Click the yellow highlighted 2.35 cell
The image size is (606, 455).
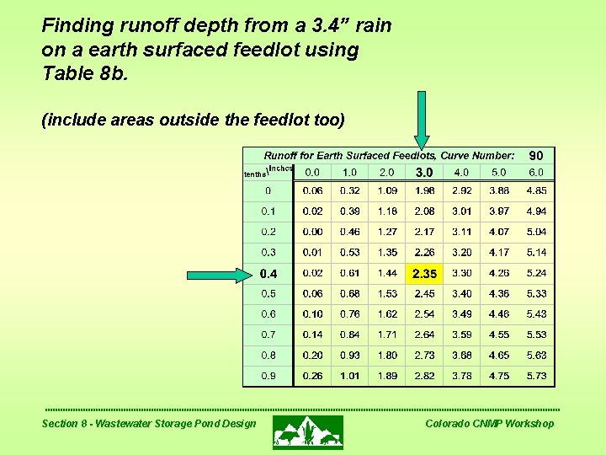(424, 273)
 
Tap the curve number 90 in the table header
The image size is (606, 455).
(536, 156)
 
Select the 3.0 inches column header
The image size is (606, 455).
(424, 173)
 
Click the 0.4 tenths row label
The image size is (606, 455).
(268, 274)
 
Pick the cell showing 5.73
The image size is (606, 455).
(536, 376)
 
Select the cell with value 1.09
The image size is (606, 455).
(388, 191)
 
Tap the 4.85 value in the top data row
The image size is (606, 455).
(536, 191)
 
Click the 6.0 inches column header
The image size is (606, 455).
(536, 173)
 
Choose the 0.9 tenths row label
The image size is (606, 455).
(268, 376)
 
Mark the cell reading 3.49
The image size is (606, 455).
(462, 314)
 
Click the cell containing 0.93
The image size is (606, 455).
(350, 356)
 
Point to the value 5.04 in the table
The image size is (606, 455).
(536, 232)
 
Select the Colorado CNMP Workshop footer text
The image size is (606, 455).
(490, 423)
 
